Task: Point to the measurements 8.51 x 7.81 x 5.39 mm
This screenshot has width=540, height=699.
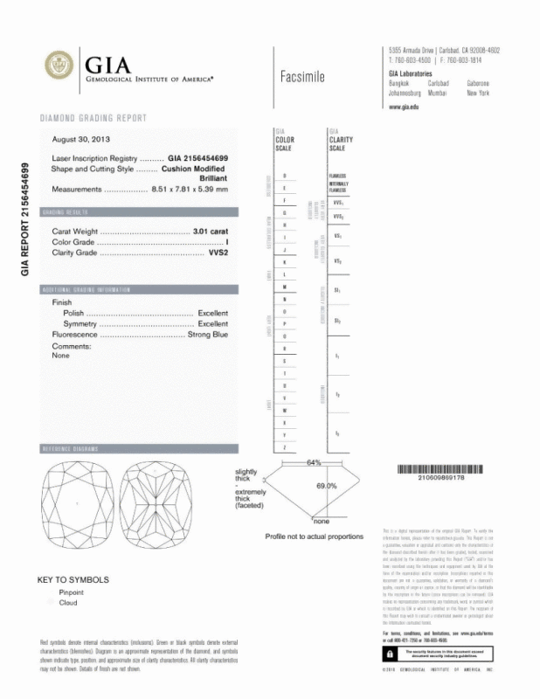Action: pos(190,189)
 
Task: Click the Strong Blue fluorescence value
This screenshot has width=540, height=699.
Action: pos(208,334)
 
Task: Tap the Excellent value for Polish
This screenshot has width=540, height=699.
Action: pos(212,313)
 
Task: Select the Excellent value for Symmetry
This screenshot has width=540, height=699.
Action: pos(212,323)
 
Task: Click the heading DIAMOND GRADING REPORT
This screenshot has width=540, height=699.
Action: pos(93,118)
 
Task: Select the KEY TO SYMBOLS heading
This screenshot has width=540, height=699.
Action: pos(73,579)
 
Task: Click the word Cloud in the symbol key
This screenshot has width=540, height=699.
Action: pos(68,603)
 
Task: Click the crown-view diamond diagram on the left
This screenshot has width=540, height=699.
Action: pos(78,504)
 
